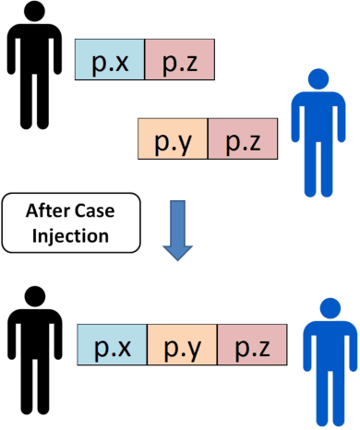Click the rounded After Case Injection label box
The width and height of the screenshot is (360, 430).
pyautogui.click(x=70, y=221)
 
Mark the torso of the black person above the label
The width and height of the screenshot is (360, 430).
pyautogui.click(x=35, y=60)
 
